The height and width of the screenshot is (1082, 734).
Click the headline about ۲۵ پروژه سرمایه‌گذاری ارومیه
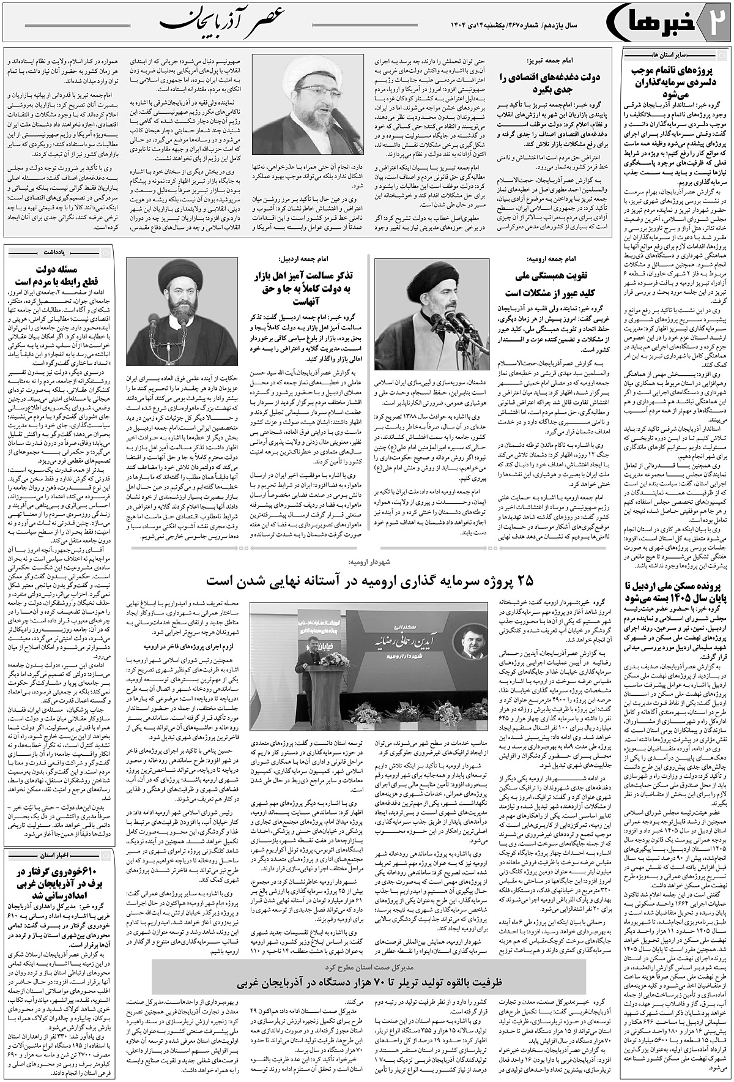(366, 578)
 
